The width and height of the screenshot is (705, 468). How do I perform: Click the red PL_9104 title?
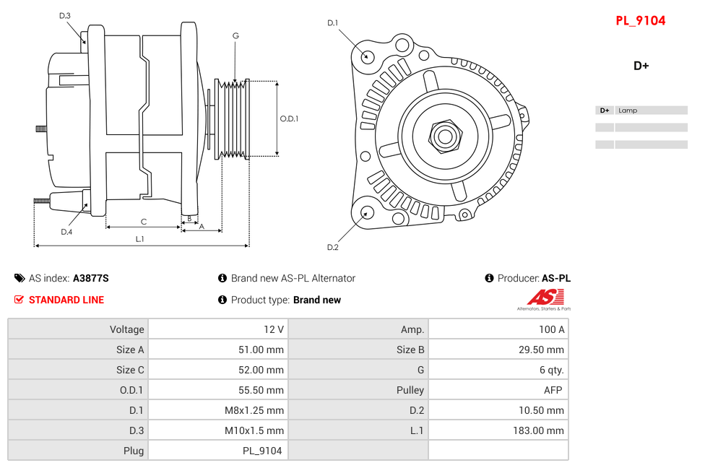(x=640, y=21)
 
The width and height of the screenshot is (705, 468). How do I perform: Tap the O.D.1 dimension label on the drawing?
(x=289, y=118)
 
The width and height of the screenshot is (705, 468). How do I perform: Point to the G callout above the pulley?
(x=235, y=36)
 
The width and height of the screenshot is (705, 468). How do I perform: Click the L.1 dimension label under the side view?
(x=140, y=238)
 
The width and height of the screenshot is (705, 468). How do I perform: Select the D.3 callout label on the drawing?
(x=65, y=16)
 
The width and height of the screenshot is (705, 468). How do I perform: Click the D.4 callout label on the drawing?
(x=66, y=232)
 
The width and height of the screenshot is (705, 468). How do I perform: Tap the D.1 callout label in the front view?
(x=332, y=23)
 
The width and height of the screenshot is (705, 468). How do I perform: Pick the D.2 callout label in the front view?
(x=332, y=247)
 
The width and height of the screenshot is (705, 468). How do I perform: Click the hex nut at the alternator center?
(x=445, y=136)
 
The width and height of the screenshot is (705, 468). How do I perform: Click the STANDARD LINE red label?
(x=66, y=300)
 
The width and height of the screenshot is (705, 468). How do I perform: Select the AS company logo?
(x=544, y=298)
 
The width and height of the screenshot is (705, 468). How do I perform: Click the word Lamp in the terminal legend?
(x=628, y=110)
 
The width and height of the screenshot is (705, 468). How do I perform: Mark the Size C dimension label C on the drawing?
(x=143, y=222)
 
